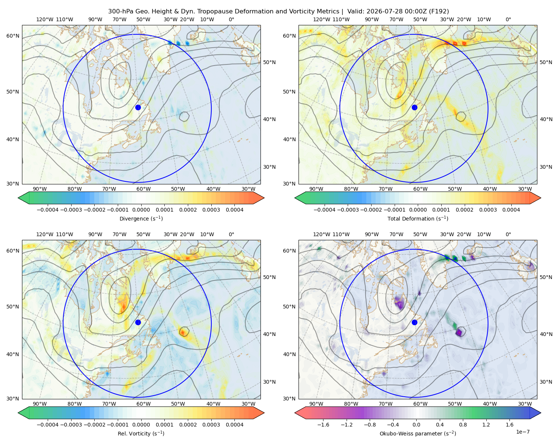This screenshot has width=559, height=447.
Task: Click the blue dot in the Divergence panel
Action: pos(138,107)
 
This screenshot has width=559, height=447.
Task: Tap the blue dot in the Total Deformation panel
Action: pos(414,107)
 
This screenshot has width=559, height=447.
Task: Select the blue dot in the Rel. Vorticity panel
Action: pos(138,322)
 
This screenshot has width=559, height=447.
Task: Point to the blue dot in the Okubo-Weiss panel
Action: pos(414,322)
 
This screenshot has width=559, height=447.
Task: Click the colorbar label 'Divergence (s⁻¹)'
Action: pos(141,218)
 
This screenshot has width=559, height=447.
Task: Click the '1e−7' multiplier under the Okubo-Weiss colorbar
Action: pos(522,432)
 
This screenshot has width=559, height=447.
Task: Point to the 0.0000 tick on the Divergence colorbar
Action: pos(141,210)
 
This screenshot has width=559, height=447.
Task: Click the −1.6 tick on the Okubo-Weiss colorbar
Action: pos(323,425)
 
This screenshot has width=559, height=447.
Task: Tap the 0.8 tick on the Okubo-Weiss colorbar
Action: pos(463,425)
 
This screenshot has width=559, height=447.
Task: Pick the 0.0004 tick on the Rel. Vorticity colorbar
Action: pos(234,425)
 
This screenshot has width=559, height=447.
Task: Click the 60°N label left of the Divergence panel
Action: pos(13,36)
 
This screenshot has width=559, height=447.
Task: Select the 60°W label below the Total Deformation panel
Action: pos(420,189)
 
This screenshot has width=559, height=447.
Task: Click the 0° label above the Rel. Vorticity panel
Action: pos(231,234)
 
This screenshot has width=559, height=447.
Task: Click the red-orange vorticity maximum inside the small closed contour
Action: pos(183,332)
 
